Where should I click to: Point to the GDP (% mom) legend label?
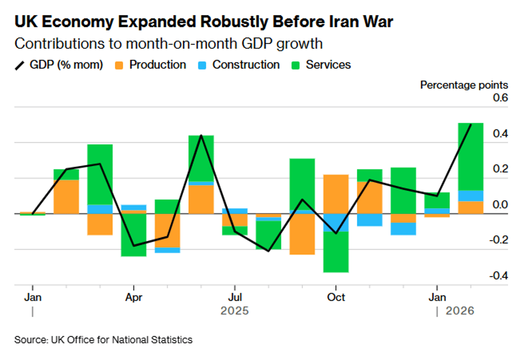point(66,65)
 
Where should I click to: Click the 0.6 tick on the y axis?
point(501,98)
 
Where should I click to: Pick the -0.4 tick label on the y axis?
point(499,276)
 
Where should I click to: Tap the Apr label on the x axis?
point(133,298)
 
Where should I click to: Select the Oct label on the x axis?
point(336,298)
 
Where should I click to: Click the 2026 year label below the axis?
point(460,311)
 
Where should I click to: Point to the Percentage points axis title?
point(464,85)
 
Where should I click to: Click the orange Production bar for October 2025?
point(336,194)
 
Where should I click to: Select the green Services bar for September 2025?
point(302,184)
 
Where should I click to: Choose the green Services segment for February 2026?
point(470,157)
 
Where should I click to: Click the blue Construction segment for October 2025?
point(336,223)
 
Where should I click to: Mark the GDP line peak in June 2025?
point(201,135)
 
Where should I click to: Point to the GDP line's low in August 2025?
point(268,251)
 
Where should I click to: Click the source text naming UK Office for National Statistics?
point(103,340)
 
